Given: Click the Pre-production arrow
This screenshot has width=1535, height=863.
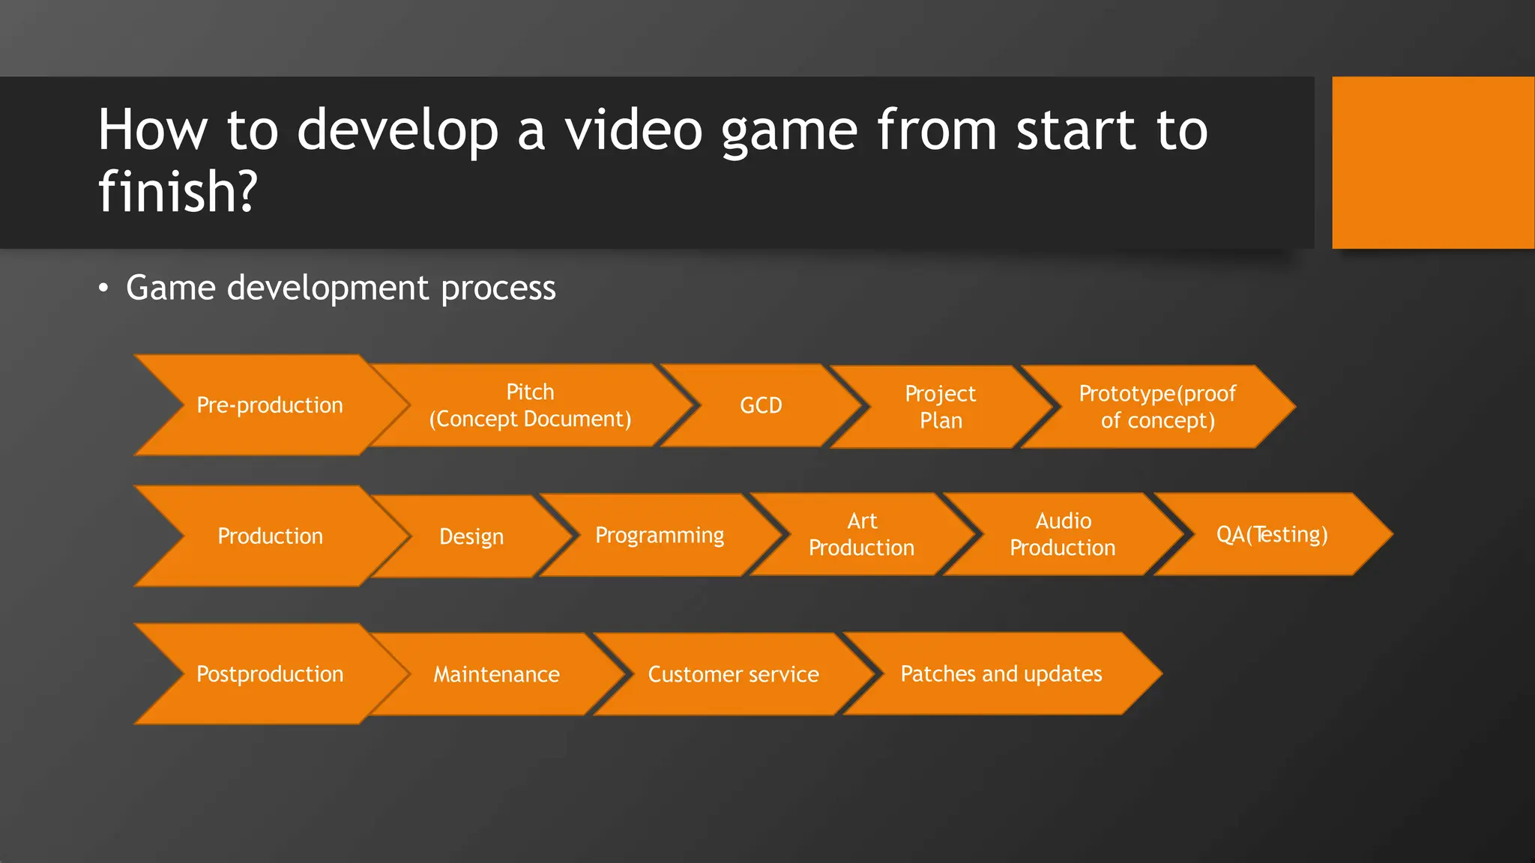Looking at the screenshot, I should point(270,405).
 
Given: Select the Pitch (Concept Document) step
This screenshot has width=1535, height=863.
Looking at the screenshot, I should point(530,405).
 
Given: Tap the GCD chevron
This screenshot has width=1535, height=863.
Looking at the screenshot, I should point(761,405).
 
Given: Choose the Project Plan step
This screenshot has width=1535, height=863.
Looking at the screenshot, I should point(941,407).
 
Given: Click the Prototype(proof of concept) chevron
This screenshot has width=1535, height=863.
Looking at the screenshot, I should point(1157,407).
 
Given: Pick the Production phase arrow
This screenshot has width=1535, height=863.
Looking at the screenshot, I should point(270,536).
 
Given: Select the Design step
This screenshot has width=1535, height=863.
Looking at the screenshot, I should point(471,536).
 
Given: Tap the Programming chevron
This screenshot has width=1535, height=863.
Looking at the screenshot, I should point(660,535).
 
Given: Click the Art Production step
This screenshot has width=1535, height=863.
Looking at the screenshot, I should point(862,534).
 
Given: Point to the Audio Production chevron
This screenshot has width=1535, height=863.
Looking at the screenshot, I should point(1063,534).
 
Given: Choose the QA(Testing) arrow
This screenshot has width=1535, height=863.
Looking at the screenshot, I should point(1272,534).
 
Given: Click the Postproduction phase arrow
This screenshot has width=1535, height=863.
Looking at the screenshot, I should point(270,674).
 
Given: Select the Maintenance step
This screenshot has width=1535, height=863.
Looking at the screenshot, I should point(496,674).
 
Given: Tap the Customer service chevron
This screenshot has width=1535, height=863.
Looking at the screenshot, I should point(733,674).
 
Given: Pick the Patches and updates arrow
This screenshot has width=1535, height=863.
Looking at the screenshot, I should point(1001,673).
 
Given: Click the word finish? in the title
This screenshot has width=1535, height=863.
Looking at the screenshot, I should point(178,192).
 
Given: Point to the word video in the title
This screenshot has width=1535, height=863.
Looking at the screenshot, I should point(633,130).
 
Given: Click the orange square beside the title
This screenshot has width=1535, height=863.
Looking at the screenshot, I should point(1433,163).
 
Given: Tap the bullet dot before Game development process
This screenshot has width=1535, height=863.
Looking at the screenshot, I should point(103,288).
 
